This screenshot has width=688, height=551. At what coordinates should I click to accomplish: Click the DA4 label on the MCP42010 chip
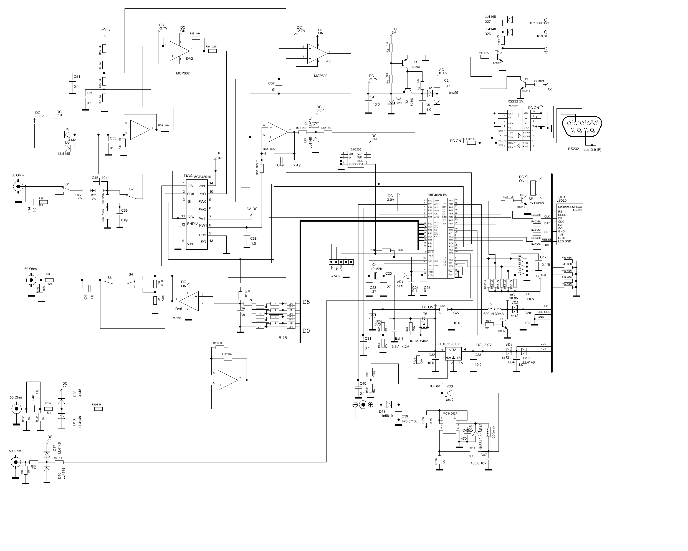click(x=188, y=176)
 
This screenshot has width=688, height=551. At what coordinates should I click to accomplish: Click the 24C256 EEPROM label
click(x=356, y=149)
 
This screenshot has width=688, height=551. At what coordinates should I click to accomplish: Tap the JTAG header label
click(x=335, y=276)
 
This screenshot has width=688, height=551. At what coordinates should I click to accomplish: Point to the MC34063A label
click(x=450, y=413)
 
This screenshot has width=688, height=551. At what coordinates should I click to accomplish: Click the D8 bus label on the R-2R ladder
click(x=306, y=302)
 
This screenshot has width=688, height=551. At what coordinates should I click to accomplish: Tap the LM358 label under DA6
click(x=176, y=318)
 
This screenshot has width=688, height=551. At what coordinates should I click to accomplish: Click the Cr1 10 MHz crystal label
click(x=376, y=267)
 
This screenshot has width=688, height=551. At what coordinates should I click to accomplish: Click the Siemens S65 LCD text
click(x=570, y=207)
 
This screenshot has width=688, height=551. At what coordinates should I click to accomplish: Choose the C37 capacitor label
click(x=271, y=83)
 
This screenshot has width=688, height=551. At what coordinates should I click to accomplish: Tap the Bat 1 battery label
click(x=399, y=338)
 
